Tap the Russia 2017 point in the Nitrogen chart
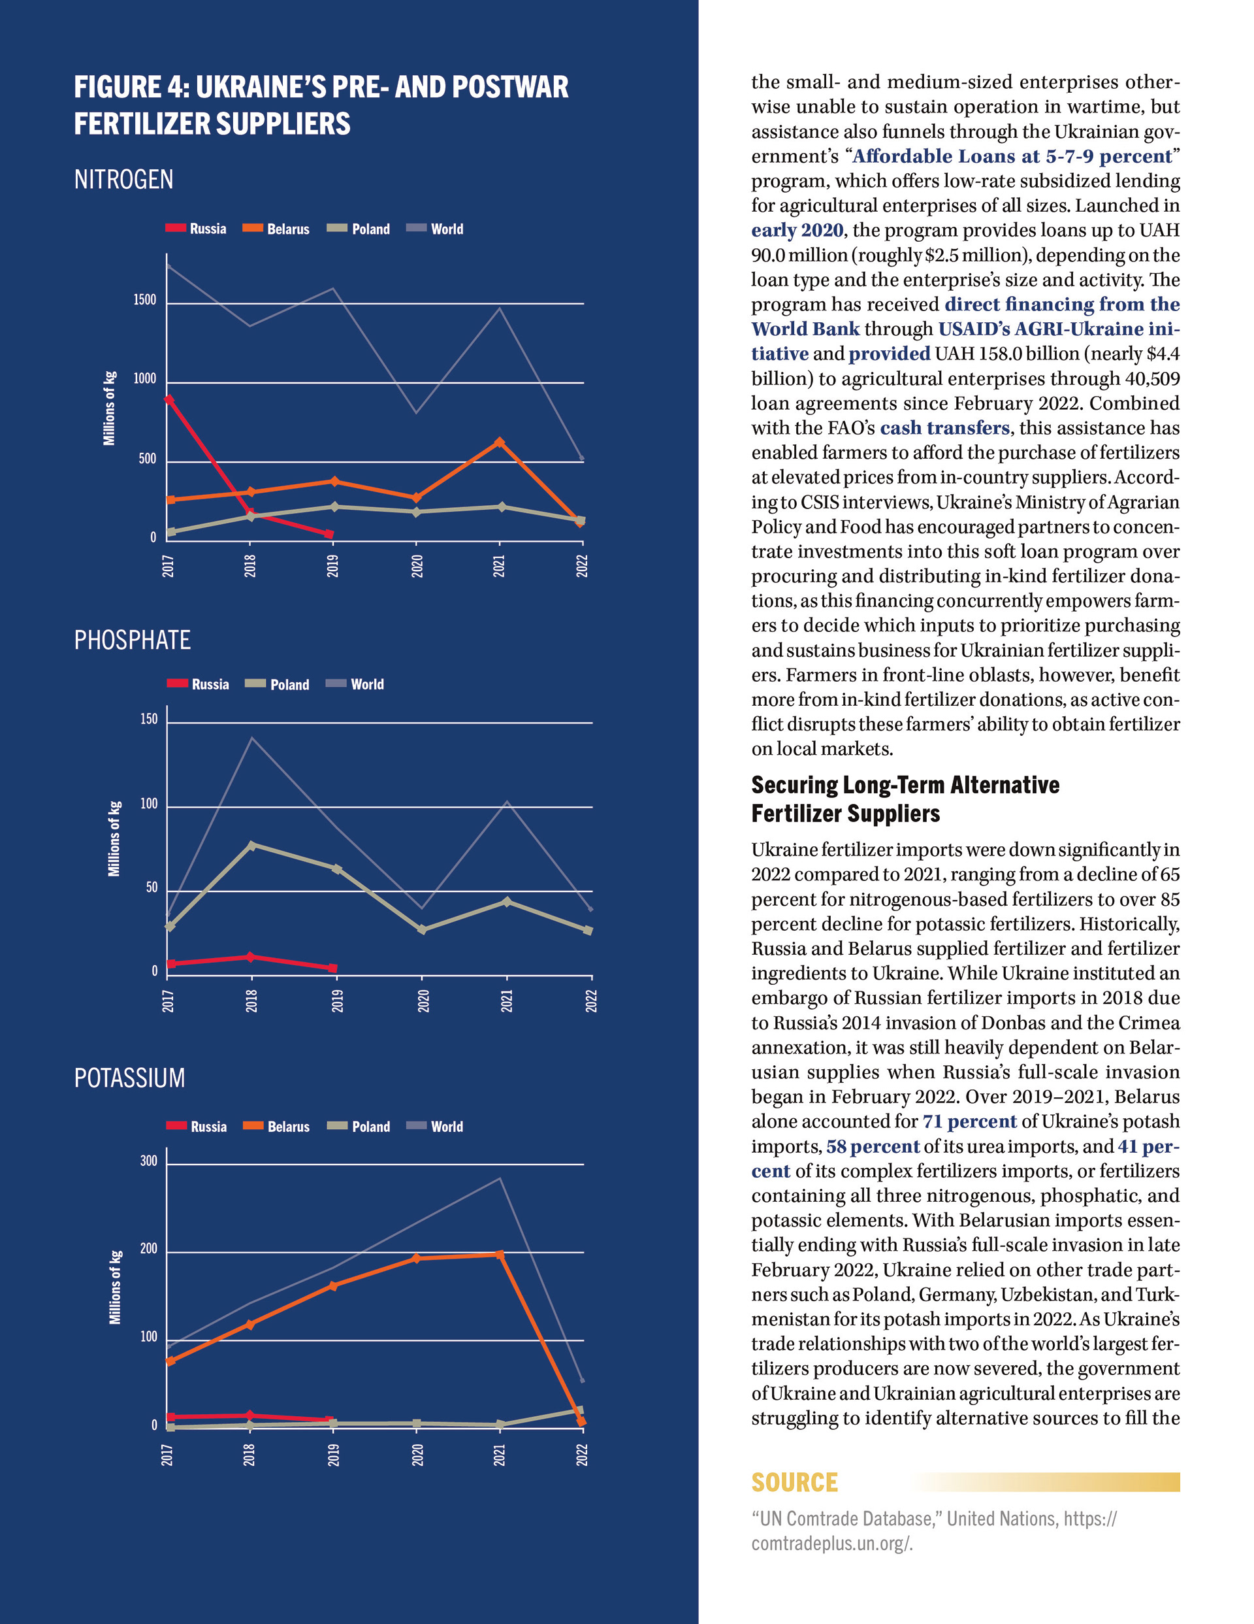(169, 400)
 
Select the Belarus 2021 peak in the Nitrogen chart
(500, 442)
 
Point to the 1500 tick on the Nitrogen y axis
(145, 301)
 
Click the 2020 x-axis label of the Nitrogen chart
(417, 566)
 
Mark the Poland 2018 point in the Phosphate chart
(251, 846)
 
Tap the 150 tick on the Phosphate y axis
(149, 719)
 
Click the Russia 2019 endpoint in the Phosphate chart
(332, 968)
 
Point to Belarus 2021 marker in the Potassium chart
(500, 1255)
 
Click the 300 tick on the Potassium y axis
(149, 1161)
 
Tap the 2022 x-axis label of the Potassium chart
(582, 1455)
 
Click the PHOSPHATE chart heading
(133, 640)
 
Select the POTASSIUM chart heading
(129, 1078)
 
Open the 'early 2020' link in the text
(797, 231)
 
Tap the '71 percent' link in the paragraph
(969, 1122)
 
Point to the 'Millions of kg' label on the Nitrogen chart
(109, 408)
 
